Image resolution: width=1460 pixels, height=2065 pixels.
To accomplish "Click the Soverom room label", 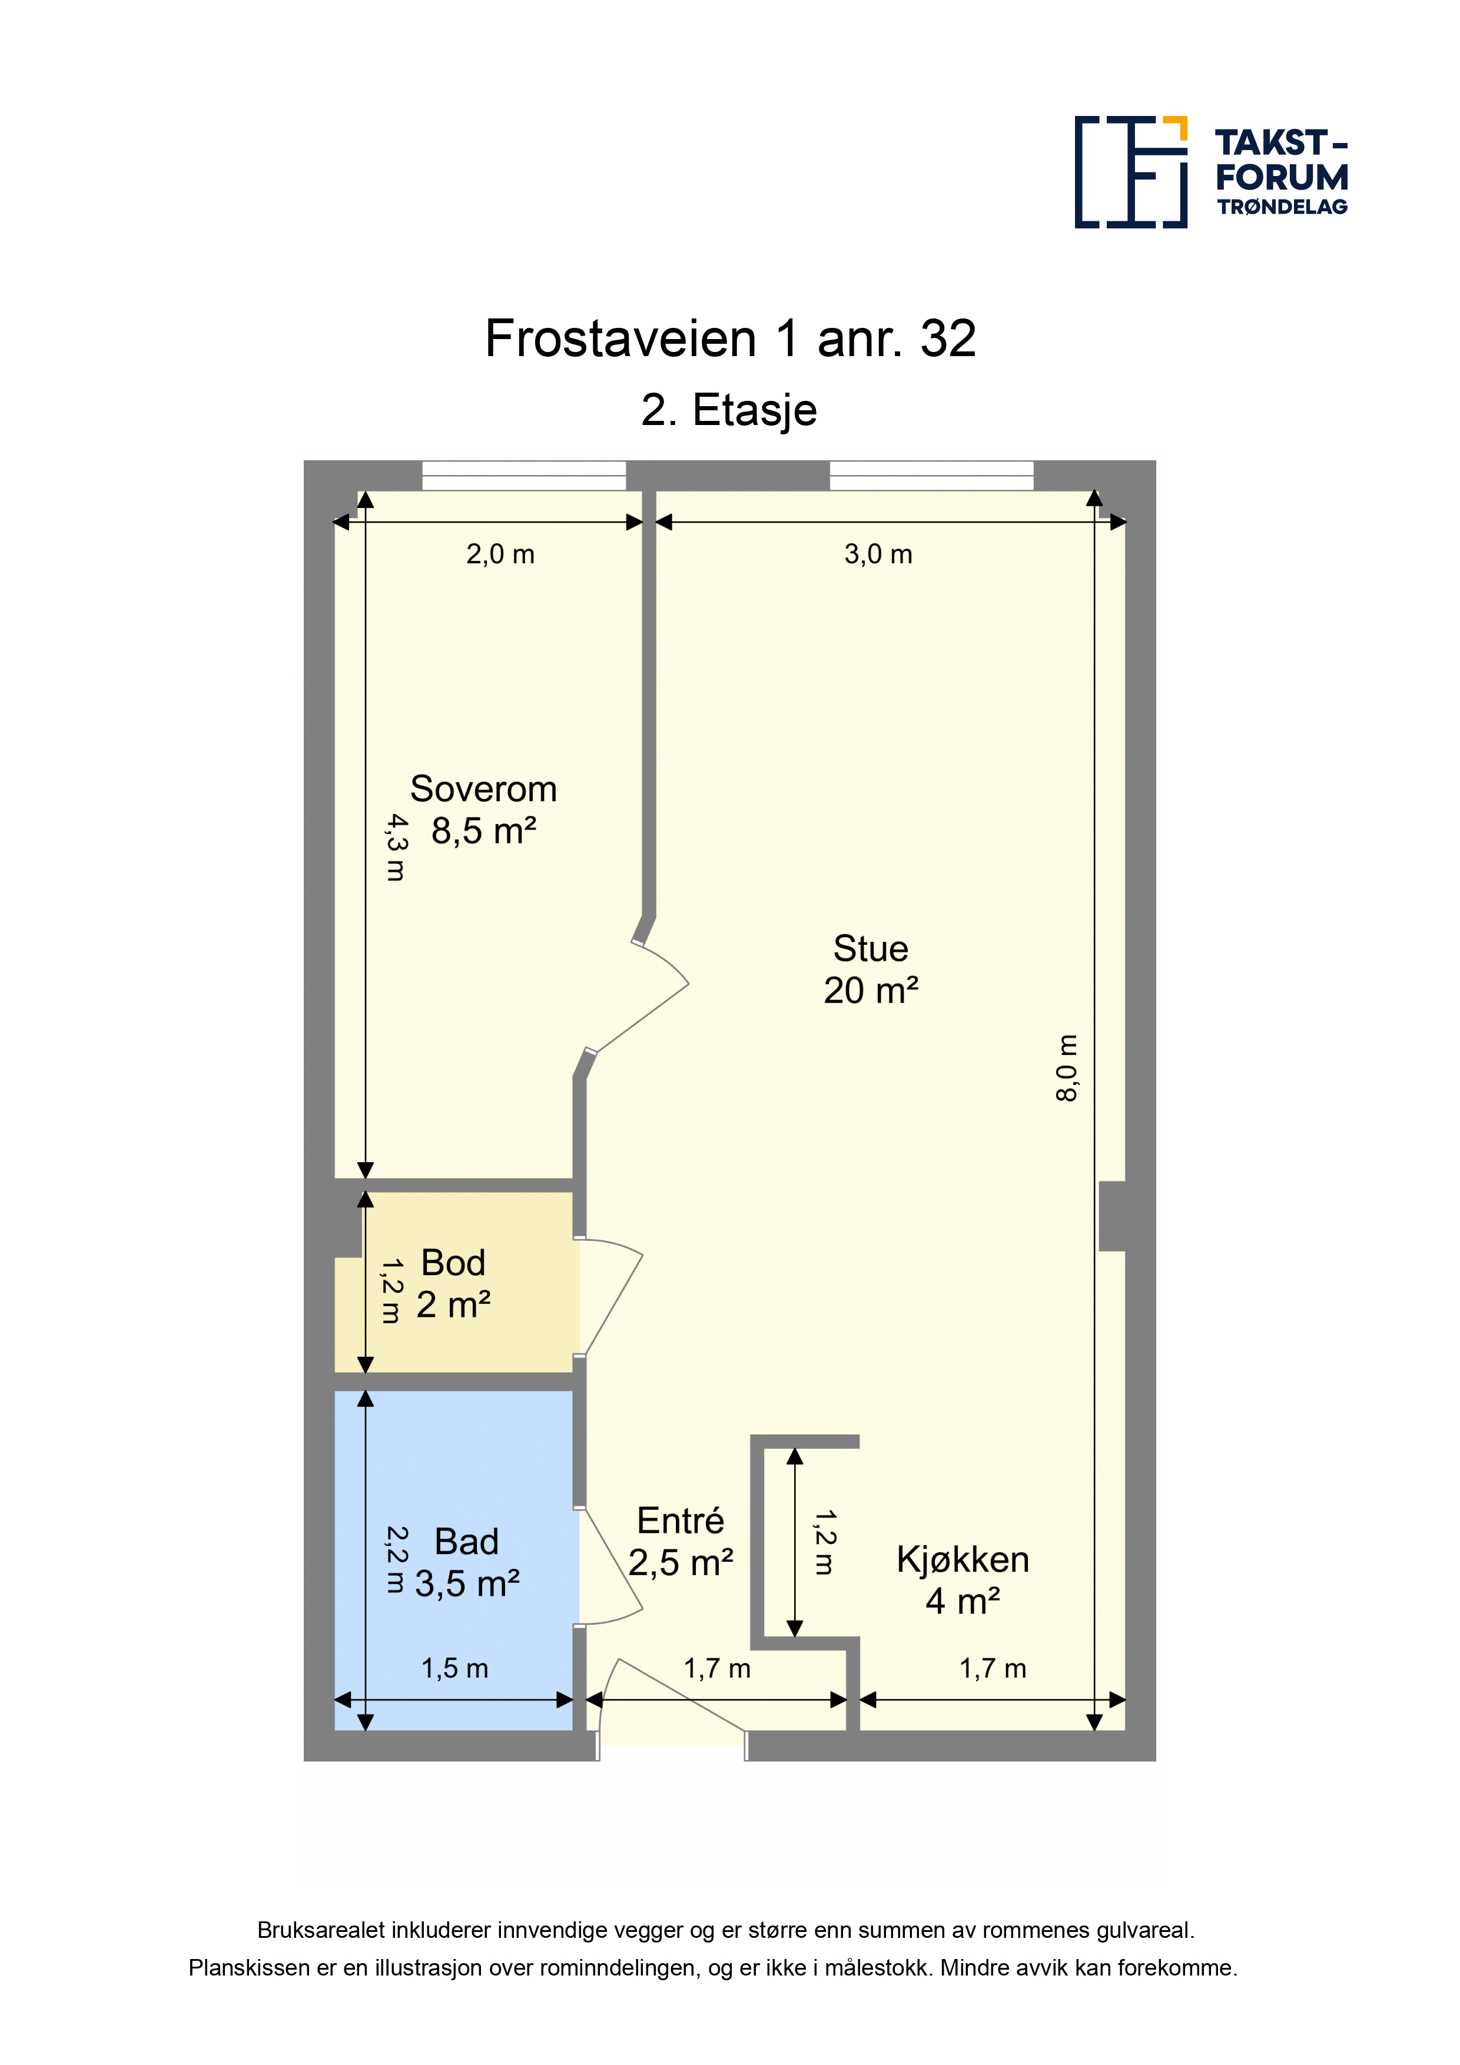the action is point(483,789).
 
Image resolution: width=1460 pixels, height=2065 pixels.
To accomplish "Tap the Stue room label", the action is point(871,949).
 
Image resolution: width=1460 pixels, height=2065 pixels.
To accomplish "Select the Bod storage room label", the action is point(453,1263).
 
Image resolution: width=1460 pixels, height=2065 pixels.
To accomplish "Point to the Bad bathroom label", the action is point(466,1542).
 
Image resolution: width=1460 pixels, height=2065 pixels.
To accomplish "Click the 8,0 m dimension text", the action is point(1066,1068).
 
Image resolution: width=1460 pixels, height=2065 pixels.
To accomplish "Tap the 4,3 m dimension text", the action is point(396,847).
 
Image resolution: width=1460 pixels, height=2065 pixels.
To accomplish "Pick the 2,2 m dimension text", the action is point(396,1559).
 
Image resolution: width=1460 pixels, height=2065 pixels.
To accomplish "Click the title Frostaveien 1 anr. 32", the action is point(731,339).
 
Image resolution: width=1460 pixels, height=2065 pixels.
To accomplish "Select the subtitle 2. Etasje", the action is point(729,411).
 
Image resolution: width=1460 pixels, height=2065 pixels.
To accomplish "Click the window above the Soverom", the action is point(525,476).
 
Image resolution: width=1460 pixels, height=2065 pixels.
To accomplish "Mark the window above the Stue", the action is point(931,476).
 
